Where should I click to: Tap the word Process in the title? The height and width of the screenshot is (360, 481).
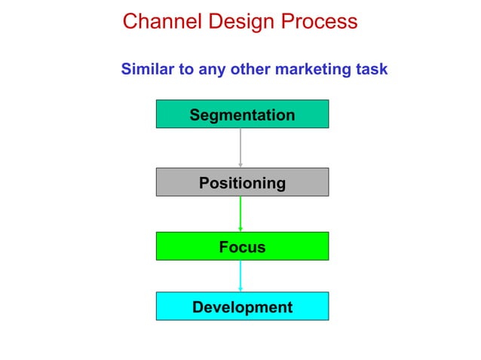pos(319,22)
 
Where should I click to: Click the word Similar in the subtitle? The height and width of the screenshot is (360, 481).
pos(147,70)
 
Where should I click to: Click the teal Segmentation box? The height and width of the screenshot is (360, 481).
pos(242,114)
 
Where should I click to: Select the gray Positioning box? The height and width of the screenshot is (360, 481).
pos(242,182)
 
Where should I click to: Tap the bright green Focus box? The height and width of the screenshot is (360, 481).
pos(242,246)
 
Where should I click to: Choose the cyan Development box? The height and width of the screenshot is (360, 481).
pos(242,307)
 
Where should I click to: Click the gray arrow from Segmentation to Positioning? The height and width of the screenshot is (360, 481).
pos(240,146)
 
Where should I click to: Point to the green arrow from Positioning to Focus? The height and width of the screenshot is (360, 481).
pos(240,212)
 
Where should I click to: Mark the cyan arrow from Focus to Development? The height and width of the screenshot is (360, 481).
pos(240,274)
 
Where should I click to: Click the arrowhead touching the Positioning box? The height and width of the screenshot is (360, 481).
pos(240,164)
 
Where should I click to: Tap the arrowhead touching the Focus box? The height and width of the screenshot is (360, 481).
pos(240,229)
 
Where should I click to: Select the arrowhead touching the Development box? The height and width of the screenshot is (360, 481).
pos(240,289)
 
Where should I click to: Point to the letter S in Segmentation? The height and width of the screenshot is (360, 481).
pos(195,115)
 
